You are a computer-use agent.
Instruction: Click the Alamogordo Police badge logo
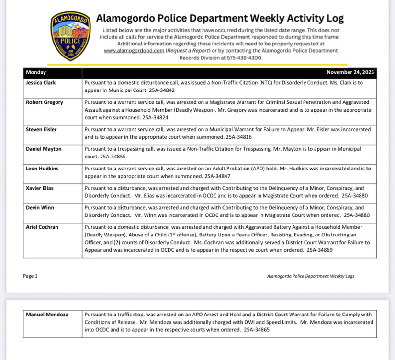pos(71,36)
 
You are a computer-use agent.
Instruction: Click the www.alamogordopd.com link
pos(134,50)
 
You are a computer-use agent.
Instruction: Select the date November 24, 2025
pos(350,73)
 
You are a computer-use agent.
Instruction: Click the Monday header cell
pos(36,73)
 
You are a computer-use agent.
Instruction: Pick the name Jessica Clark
pos(41,83)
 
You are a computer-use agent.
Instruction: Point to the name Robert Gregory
pos(45,102)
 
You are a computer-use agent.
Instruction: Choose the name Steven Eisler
pos(42,129)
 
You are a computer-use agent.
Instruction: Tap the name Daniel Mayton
pos(44,149)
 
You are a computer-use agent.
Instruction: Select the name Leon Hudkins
pos(43,169)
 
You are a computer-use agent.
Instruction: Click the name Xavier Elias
pos(40,188)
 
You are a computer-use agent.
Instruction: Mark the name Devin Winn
pos(40,208)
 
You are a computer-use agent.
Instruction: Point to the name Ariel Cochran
pos(42,227)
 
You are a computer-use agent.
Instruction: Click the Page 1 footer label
pos(30,276)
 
